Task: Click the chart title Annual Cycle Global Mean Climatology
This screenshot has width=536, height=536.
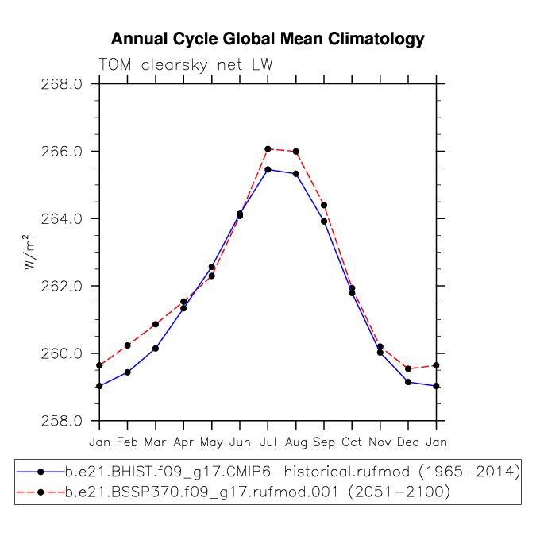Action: (x=268, y=39)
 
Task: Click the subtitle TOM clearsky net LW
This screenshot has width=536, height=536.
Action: (x=186, y=64)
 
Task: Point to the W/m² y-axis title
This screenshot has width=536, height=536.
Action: (x=29, y=253)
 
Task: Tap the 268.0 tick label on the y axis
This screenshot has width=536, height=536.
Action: (x=62, y=84)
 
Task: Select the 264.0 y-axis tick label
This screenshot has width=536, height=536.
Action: (x=62, y=219)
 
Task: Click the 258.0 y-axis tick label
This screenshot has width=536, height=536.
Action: (x=62, y=421)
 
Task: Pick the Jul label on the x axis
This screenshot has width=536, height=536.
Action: (x=268, y=442)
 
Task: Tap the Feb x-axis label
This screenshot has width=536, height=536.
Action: (x=127, y=442)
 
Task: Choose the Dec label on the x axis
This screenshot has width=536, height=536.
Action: (x=408, y=442)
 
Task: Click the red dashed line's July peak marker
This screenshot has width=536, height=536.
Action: (x=268, y=149)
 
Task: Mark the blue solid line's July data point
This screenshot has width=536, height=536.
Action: (x=268, y=170)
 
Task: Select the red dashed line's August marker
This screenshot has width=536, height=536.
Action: (x=296, y=152)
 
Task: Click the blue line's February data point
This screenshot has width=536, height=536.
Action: (x=128, y=372)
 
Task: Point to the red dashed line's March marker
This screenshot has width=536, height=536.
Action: (x=156, y=324)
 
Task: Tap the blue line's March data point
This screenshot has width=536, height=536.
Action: (x=156, y=349)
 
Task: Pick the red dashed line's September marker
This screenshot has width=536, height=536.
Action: (x=324, y=205)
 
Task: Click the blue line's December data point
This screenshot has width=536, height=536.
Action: (x=408, y=382)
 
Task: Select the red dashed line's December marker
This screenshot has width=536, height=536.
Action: (x=408, y=368)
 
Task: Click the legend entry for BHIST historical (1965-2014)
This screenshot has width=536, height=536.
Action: (x=268, y=472)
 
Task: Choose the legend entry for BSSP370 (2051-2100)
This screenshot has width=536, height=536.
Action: (x=233, y=492)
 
